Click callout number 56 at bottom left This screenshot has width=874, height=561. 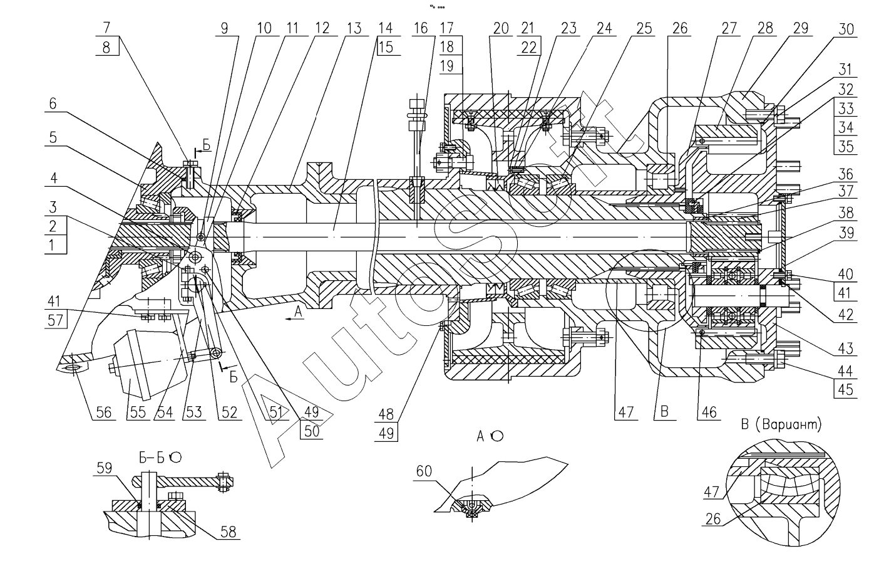pos(104,412)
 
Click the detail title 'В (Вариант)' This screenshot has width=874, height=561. pos(781,424)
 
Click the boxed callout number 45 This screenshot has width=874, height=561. pos(846,389)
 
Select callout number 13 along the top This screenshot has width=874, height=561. pos(354,28)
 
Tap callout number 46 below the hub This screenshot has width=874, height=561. pos(708,412)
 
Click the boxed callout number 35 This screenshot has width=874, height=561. pos(846,147)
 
